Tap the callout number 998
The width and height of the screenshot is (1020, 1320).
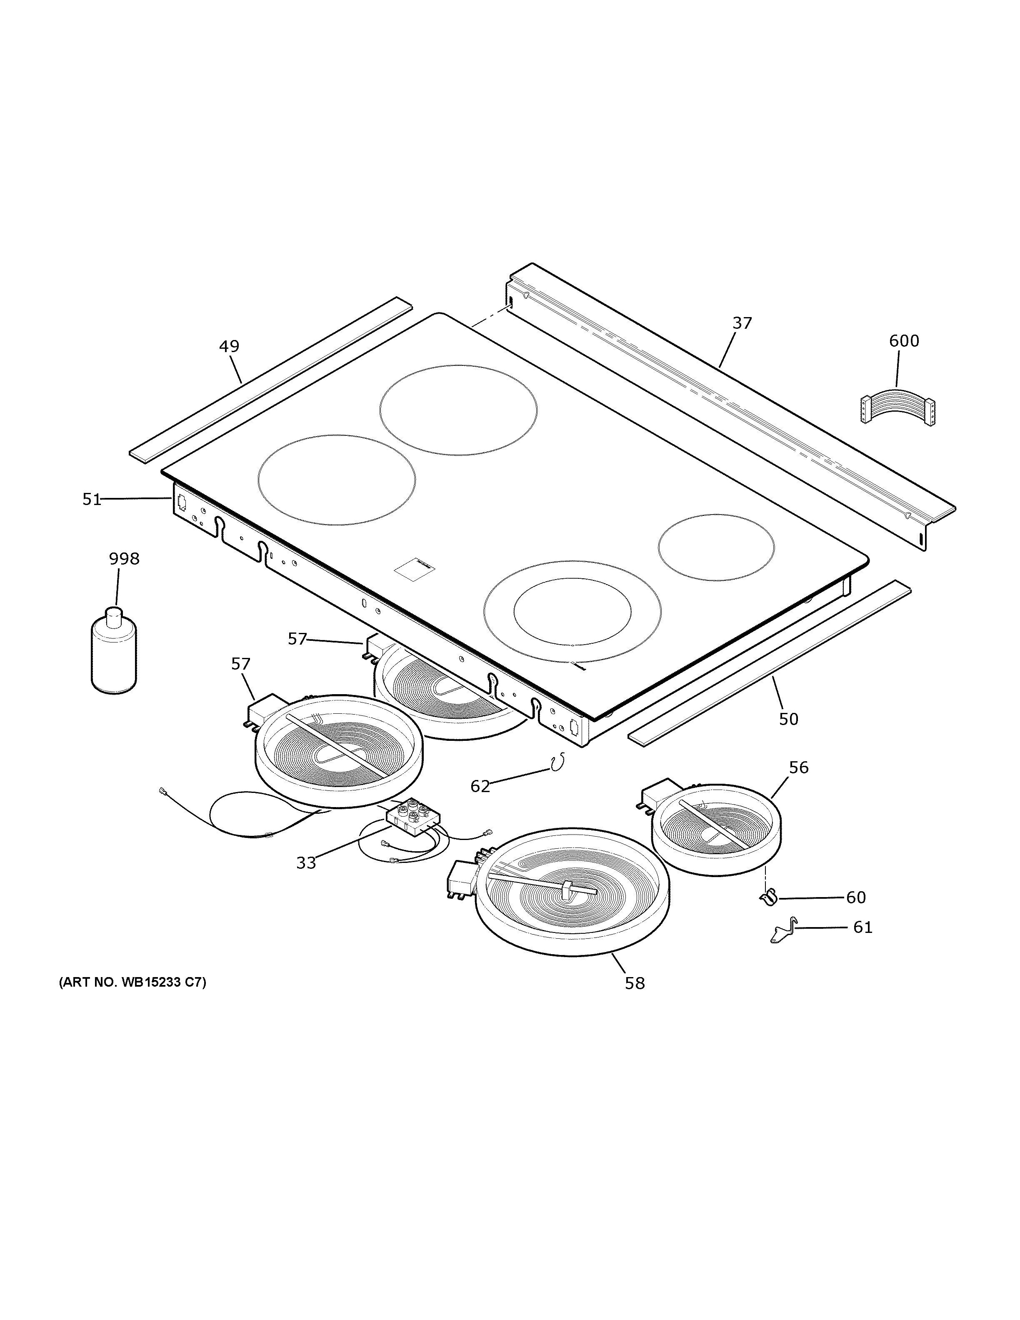[x=124, y=559]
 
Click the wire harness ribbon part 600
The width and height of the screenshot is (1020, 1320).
[x=897, y=412]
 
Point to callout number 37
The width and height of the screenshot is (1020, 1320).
[x=742, y=323]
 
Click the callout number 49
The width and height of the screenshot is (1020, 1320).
[x=229, y=346]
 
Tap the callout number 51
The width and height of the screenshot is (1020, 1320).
[x=92, y=499]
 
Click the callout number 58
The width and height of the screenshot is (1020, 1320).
[x=635, y=984]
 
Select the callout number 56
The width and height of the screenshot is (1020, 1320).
[x=798, y=767]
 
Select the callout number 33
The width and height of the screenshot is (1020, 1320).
[x=306, y=863]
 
